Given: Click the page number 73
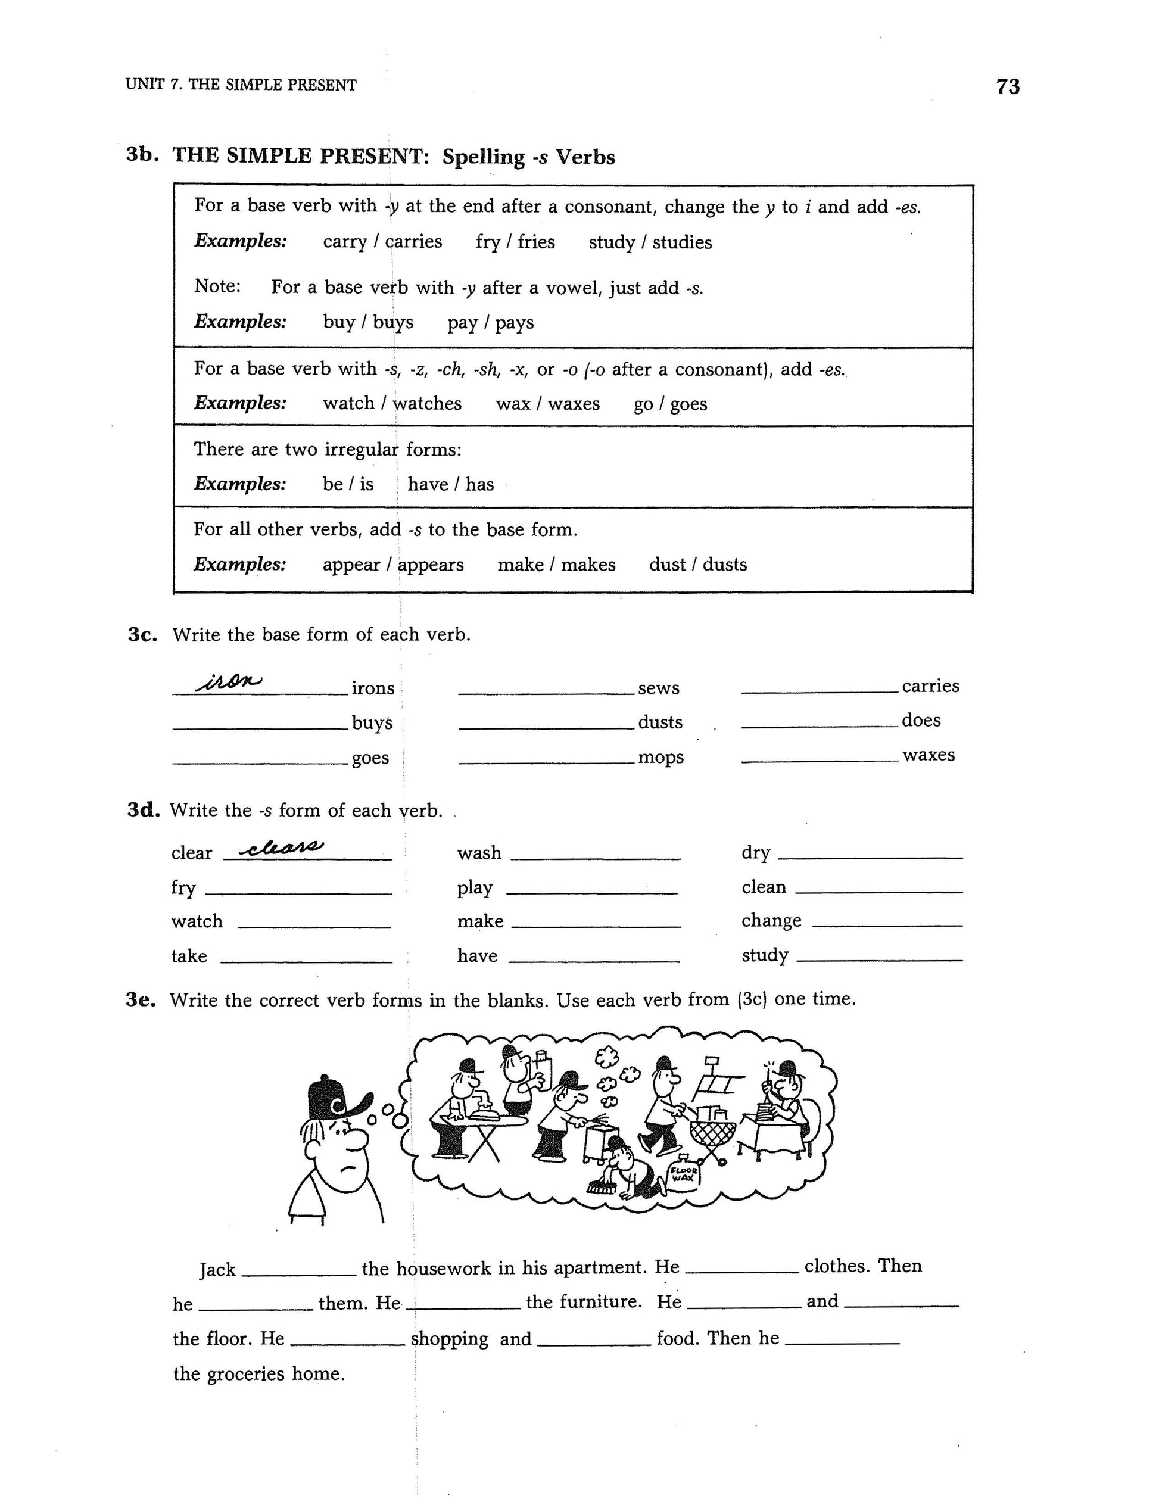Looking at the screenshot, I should (1007, 87).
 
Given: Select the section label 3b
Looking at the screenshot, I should (142, 154).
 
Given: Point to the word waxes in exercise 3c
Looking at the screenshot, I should (928, 755).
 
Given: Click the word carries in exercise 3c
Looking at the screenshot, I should (930, 685).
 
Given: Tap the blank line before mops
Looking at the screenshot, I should (545, 762).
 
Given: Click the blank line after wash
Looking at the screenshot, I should (596, 858).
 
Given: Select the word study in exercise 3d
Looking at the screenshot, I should (765, 956).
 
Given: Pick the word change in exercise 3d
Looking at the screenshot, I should (771, 921).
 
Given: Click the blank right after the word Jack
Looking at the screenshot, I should (299, 1275).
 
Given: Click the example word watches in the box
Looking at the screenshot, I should (427, 403).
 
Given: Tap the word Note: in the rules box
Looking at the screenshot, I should (217, 286).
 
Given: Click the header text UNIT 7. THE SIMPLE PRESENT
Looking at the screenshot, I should (241, 85).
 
